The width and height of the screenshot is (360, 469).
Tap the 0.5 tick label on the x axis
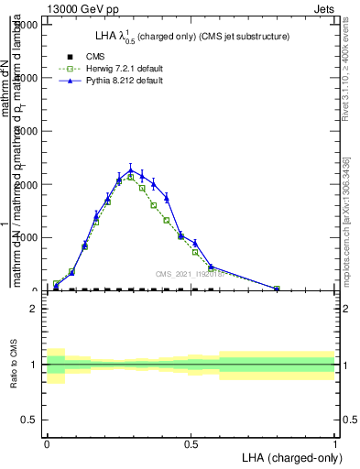point(191,442)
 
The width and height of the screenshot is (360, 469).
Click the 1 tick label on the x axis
point(334,442)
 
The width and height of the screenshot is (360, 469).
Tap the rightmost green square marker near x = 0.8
point(277,289)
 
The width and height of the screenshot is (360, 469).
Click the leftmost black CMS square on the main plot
point(56,289)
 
